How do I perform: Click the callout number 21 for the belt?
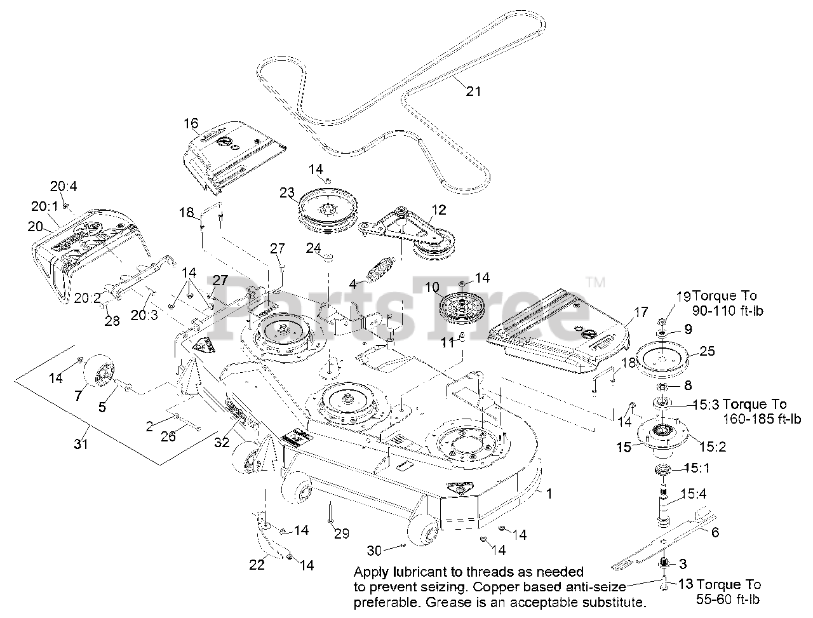(473, 91)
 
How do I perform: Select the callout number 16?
(191, 123)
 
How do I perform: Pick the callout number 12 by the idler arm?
(438, 210)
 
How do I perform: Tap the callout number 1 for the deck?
(549, 493)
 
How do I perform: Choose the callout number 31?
(81, 445)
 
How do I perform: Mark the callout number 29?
(342, 534)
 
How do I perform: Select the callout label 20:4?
(64, 186)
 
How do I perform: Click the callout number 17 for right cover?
(640, 312)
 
